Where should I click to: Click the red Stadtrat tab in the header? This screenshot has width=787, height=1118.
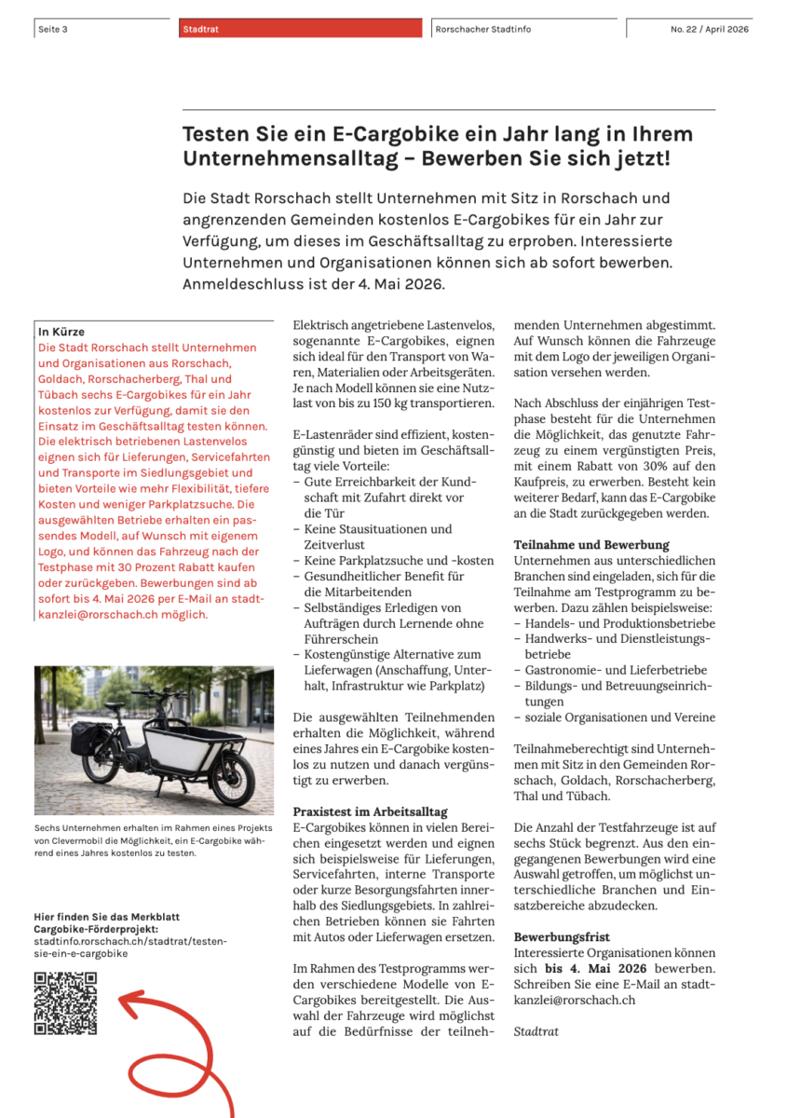pos(301,29)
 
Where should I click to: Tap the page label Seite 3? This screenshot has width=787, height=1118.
pos(53,30)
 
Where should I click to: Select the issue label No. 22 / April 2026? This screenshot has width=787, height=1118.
pos(709,30)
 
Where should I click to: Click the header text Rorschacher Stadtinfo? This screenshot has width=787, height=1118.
pos(483,30)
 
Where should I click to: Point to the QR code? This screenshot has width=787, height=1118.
pos(66,1002)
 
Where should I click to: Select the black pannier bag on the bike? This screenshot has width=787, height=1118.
pos(89,738)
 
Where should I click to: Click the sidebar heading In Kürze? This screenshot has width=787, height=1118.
pos(61,332)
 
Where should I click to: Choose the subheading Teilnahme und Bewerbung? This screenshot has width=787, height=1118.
pos(591,544)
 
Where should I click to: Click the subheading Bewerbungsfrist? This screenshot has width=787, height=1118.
pos(562,936)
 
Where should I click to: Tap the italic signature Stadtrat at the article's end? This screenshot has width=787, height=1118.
pos(536,1031)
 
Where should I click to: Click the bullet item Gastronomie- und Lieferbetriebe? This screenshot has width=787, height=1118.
pos(616,670)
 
